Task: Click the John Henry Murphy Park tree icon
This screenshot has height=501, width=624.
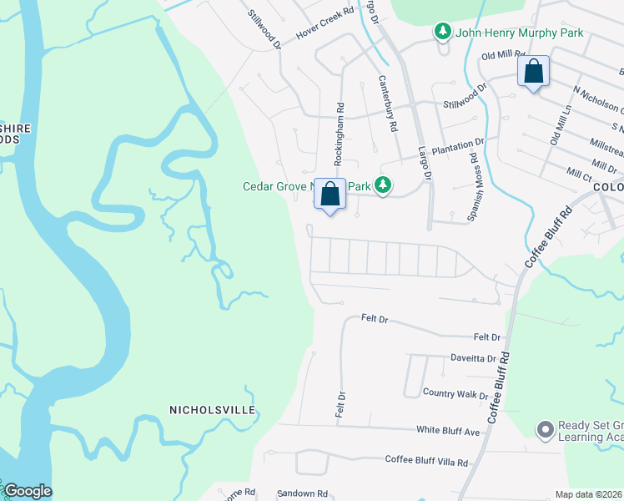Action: pyautogui.click(x=442, y=33)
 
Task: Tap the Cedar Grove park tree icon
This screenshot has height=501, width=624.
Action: pyautogui.click(x=383, y=185)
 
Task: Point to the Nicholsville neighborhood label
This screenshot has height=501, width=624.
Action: pyautogui.click(x=212, y=410)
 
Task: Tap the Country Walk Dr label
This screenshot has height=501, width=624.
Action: pyautogui.click(x=455, y=393)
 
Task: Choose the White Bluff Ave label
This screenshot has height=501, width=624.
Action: pyautogui.click(x=448, y=431)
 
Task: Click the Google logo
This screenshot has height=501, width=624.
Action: pyautogui.click(x=28, y=491)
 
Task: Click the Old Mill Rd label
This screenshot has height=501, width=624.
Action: pyautogui.click(x=501, y=57)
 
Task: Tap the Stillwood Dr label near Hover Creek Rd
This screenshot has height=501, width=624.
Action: pyautogui.click(x=264, y=28)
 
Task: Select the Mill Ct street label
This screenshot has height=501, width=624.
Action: pyautogui.click(x=579, y=173)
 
